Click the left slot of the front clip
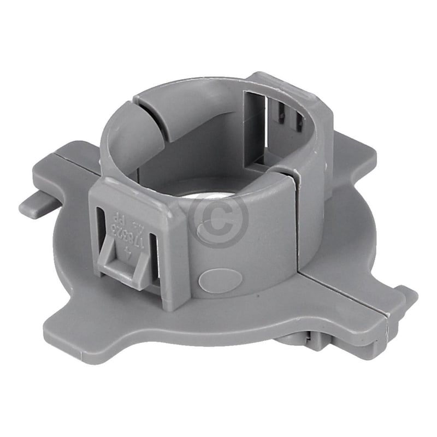(101, 229)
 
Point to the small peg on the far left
(34, 204)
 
